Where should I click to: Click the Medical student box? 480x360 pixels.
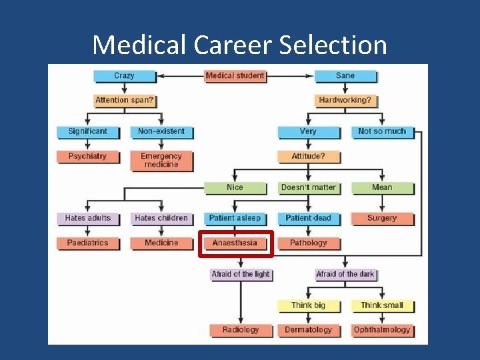(235, 76)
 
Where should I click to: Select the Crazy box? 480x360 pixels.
(124, 76)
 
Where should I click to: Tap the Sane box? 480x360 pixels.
(345, 76)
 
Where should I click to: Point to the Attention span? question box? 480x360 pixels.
(124, 101)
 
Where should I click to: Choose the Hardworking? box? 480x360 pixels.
(345, 101)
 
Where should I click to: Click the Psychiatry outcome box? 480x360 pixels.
(87, 157)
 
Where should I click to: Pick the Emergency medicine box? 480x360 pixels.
(161, 160)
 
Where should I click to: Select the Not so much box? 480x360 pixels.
(381, 131)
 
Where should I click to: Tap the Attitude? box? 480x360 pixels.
(308, 157)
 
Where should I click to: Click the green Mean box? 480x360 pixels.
(381, 187)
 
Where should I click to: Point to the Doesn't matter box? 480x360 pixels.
(308, 187)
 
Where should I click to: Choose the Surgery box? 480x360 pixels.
(381, 218)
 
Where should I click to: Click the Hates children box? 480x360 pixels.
(161, 218)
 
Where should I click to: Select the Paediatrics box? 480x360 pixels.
(87, 243)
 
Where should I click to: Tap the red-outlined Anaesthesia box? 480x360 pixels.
(235, 243)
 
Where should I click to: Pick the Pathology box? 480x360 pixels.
(308, 243)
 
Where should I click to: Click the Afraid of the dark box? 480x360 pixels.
(345, 274)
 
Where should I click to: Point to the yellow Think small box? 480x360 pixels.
(381, 305)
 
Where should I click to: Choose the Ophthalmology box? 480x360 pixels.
(381, 330)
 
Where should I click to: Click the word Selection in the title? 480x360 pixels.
(333, 45)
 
